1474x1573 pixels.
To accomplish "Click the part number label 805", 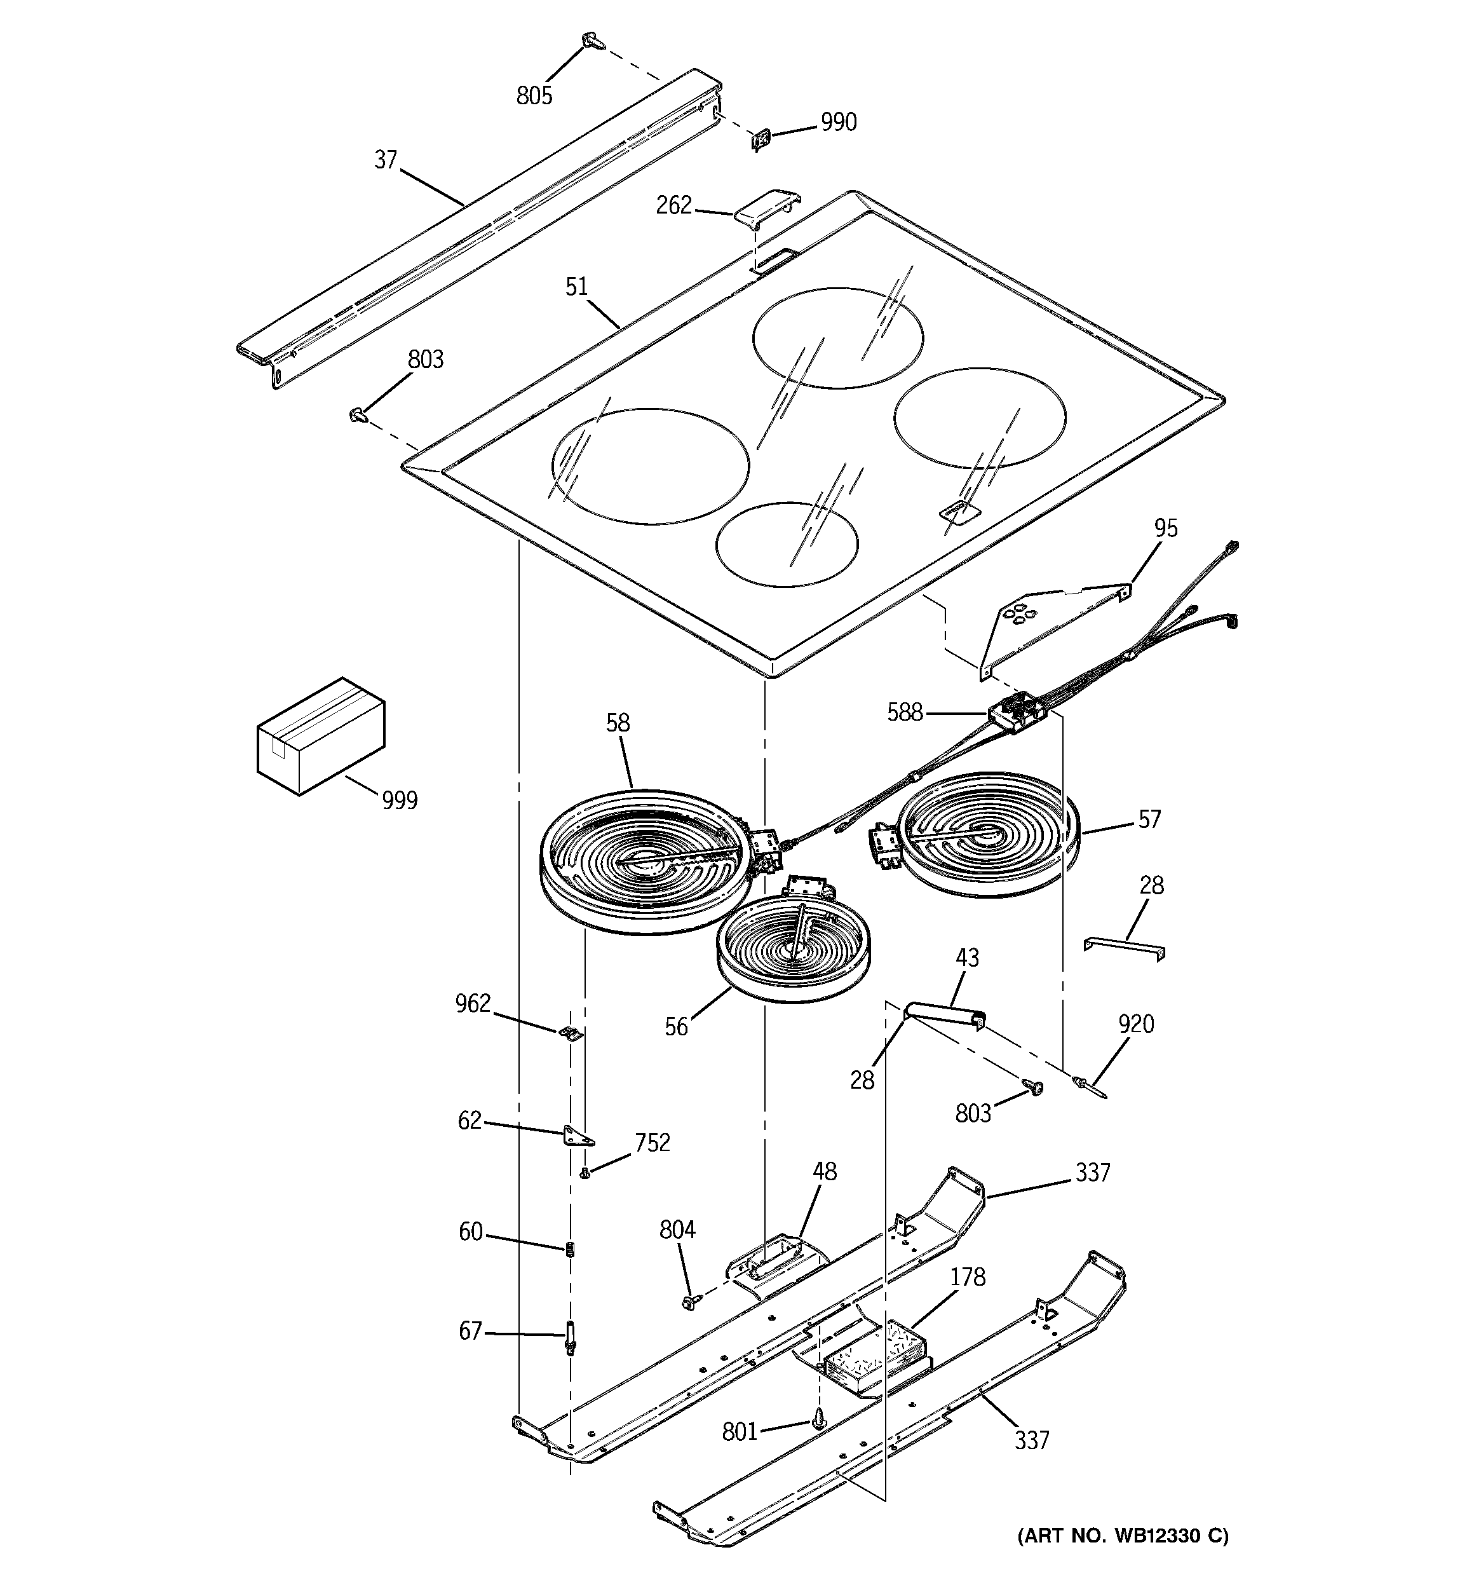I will click(x=534, y=96).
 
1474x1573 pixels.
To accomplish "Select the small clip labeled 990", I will click(x=761, y=140).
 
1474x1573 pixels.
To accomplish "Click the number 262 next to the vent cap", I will click(x=673, y=206).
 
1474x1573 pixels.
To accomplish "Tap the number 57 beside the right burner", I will click(x=1149, y=819).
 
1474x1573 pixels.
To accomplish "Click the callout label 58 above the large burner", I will click(x=618, y=723).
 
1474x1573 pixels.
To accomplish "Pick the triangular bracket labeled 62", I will click(x=578, y=1137).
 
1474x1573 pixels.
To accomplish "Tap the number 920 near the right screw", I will click(x=1135, y=1024).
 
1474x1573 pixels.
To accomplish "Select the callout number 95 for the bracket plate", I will click(x=1165, y=528).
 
